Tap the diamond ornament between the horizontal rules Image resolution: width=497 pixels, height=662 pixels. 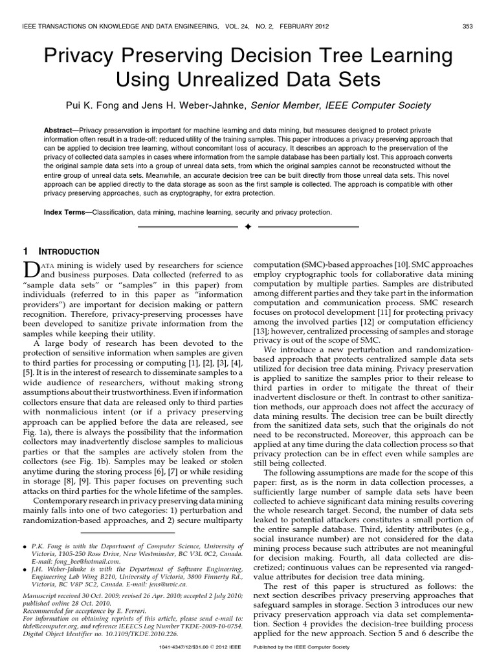click(248, 228)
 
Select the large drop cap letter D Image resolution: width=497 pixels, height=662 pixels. click(32, 271)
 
